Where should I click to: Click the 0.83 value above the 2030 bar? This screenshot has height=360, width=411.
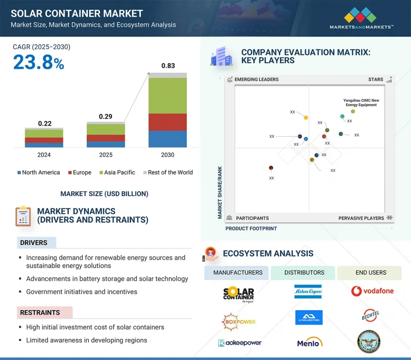167,66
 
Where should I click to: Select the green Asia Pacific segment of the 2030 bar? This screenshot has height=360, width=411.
167,96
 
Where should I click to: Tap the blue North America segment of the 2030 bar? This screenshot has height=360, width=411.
167,139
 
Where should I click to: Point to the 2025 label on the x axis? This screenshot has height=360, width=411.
105,155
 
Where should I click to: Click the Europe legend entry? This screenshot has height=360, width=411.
80,173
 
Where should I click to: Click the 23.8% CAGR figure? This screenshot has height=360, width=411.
39,63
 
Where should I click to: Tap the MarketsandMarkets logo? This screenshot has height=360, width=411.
362,18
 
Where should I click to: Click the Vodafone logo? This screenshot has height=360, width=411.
372,291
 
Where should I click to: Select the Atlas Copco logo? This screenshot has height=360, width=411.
308,292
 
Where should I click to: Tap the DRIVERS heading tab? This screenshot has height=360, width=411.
34,243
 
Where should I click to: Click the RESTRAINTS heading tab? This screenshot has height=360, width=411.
40,312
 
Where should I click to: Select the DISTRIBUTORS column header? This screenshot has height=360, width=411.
304,273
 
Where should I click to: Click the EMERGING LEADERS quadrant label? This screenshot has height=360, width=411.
256,80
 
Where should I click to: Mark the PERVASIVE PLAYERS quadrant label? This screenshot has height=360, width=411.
361,218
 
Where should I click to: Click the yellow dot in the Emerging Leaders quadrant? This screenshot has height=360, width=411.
306,118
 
